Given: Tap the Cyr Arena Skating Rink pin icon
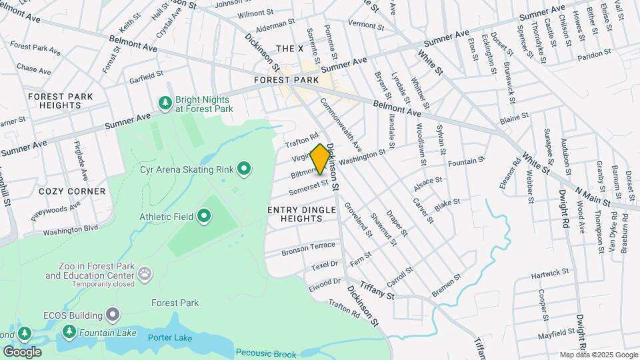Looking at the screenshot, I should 244,169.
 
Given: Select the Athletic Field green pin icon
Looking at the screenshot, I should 204,216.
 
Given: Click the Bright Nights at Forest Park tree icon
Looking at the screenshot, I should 165,103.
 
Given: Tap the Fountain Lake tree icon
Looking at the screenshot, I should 69,331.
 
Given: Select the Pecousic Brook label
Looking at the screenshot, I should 265,354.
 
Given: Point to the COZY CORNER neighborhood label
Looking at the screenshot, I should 72,191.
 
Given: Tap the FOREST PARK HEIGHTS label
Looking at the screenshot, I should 61,101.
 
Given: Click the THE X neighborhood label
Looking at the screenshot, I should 289,49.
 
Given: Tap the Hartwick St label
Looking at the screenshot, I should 550,273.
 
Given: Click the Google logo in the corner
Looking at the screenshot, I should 22,351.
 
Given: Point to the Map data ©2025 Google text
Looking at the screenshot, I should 598,355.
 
